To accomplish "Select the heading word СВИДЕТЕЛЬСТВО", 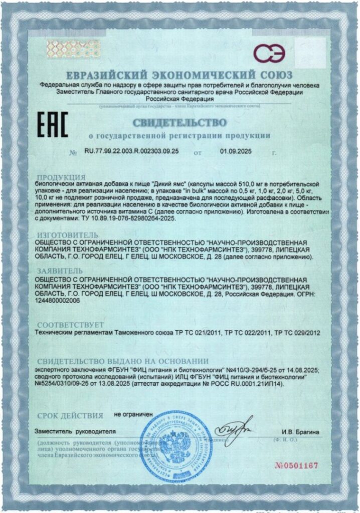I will click(179, 122).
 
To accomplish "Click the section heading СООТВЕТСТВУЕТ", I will click(70, 324).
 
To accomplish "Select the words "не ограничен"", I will click(133, 415).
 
